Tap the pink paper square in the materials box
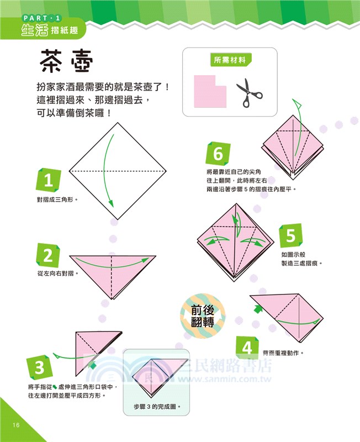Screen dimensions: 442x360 210,89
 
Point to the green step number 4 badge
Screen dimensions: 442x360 247,348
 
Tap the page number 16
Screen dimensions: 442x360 14,424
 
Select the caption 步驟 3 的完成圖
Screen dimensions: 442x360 157,407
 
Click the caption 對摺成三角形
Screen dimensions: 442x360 57,199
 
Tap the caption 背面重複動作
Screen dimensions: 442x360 283,352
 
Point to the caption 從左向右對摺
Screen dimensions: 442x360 57,273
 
